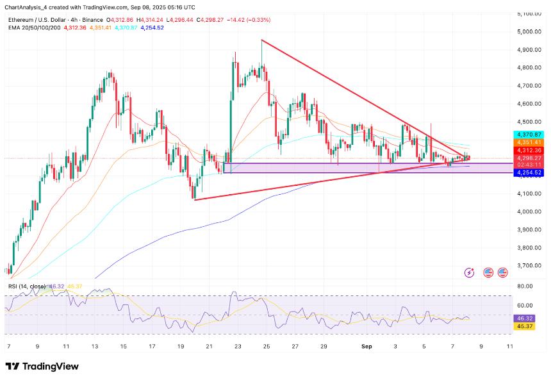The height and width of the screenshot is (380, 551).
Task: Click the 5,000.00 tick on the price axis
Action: [x=529, y=31]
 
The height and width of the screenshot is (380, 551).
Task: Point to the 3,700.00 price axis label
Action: [x=529, y=265]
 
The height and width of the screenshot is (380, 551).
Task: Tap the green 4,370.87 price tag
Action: [x=529, y=135]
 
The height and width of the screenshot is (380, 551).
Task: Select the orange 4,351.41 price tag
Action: [x=529, y=142]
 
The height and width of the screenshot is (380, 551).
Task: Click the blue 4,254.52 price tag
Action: [x=529, y=172]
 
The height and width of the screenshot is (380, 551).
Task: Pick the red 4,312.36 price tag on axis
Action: [x=529, y=150]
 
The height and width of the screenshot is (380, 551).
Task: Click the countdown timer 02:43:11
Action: [x=529, y=165]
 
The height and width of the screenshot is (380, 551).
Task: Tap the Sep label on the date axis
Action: [x=367, y=345]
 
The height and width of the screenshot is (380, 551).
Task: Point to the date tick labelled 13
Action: [x=95, y=345]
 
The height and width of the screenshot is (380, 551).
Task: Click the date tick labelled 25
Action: [x=266, y=345]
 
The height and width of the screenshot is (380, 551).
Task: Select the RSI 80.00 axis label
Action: [x=525, y=287]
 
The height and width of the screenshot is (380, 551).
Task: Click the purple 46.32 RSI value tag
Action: [x=525, y=318]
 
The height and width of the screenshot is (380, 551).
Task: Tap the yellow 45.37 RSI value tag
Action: [x=525, y=326]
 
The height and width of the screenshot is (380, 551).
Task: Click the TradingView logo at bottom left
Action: [x=42, y=367]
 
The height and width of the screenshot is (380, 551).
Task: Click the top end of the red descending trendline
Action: [x=262, y=40]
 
